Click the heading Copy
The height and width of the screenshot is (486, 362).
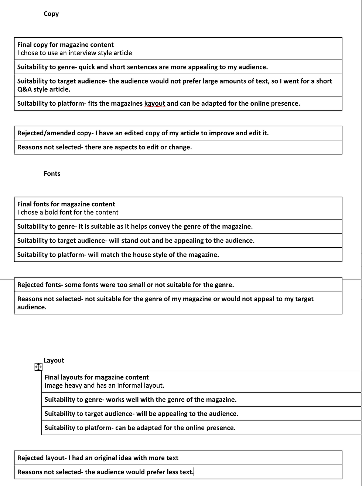[x=51, y=14]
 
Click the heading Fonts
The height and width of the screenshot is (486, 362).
[x=52, y=174]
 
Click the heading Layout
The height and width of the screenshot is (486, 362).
[x=54, y=360]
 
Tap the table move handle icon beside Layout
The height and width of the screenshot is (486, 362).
[x=38, y=367]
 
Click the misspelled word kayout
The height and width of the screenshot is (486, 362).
[x=155, y=103]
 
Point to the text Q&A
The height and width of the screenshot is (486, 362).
[x=24, y=89]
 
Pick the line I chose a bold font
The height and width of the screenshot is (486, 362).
[x=68, y=213]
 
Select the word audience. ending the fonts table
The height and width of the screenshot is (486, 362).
[x=32, y=307]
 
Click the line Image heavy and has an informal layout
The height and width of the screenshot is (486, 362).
[x=104, y=385]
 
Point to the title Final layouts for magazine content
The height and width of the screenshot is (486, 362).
[x=96, y=377]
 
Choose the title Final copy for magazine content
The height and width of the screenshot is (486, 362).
[x=65, y=45]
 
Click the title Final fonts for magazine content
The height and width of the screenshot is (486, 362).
[x=66, y=204]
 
